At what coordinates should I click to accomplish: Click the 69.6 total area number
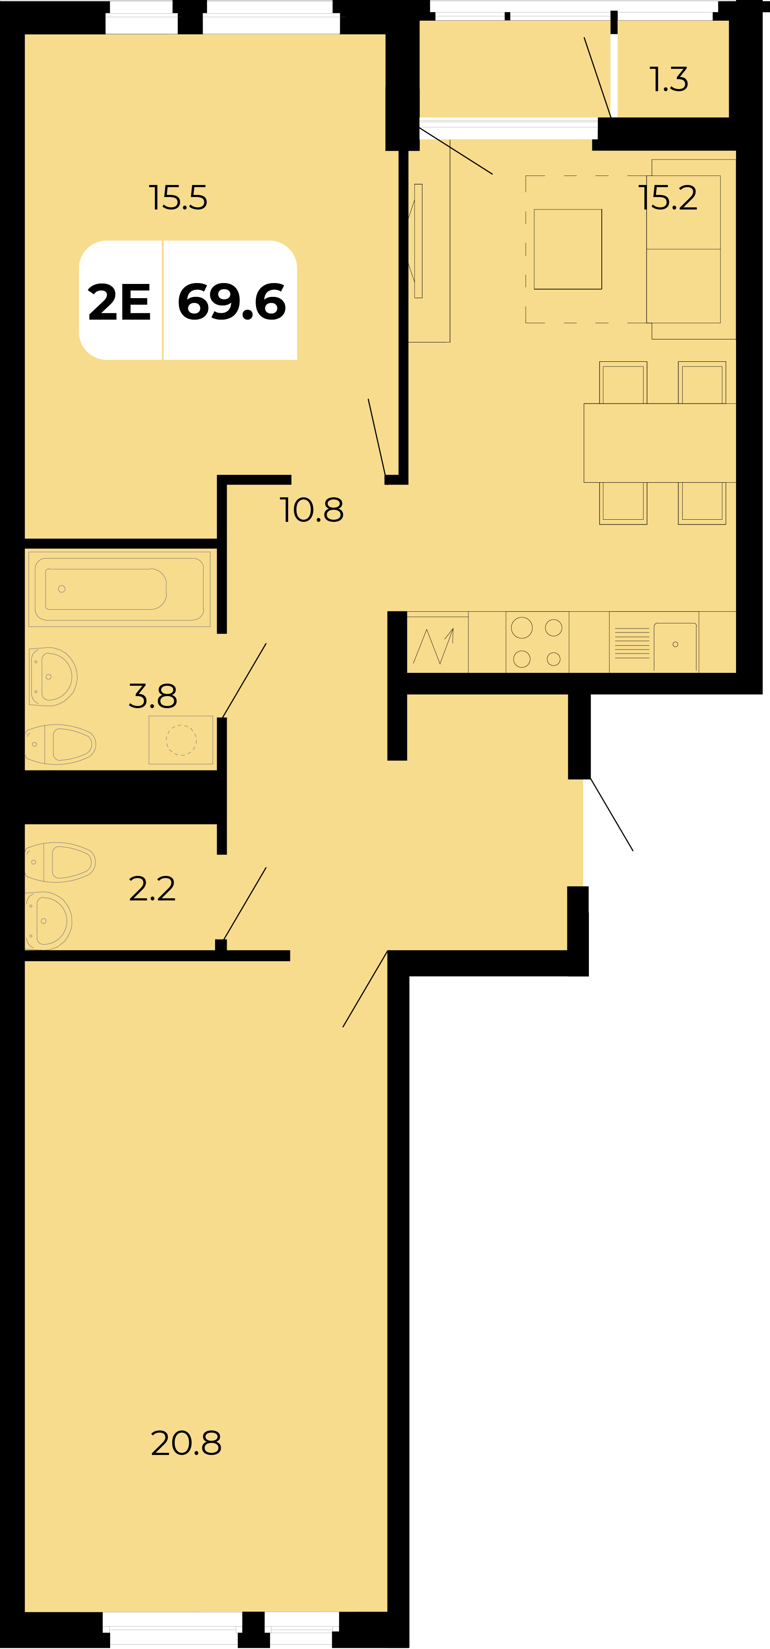point(232,302)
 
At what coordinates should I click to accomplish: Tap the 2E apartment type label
point(119,302)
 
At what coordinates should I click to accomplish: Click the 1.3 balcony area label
point(669,80)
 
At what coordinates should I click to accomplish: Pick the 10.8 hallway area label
point(312,510)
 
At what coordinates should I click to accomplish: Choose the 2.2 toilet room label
point(152,888)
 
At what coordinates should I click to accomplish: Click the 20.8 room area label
point(186,1443)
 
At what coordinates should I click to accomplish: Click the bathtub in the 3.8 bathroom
point(119,588)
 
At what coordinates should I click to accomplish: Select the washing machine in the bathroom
point(181,740)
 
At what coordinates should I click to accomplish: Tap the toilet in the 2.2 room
point(60,862)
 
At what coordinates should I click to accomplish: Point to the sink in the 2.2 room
point(49,921)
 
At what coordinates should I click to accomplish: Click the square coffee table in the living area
point(568,249)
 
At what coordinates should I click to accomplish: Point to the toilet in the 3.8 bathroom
point(61,745)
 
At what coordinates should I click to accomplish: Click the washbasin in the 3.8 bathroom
point(53,677)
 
